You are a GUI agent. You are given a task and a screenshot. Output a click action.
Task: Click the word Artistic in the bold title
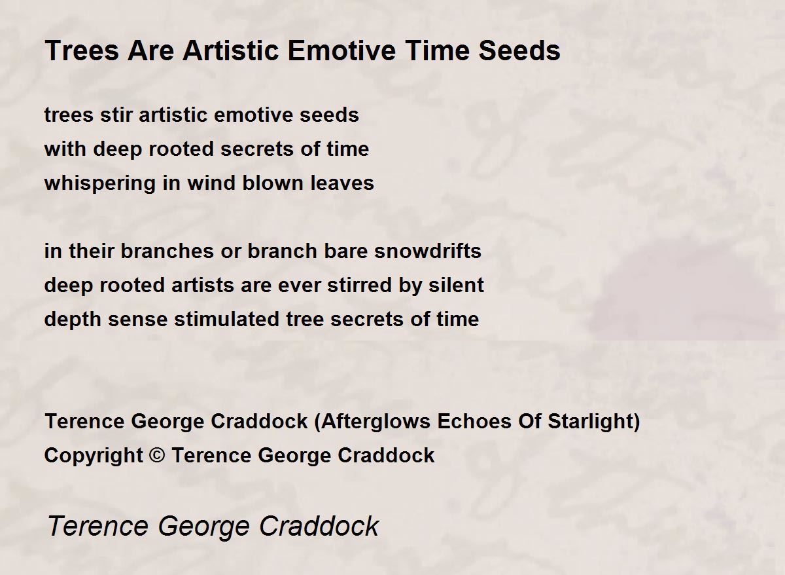(231, 50)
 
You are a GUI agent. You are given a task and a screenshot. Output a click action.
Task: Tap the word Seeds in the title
(519, 50)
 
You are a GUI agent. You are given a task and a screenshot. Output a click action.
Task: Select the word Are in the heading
(150, 50)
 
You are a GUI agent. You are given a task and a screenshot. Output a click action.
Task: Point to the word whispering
(99, 183)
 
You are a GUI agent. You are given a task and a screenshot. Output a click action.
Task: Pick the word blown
(273, 183)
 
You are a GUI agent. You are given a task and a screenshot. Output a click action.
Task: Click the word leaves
(342, 183)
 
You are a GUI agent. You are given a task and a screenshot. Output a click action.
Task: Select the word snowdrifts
(428, 251)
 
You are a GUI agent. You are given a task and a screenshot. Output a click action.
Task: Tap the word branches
(167, 251)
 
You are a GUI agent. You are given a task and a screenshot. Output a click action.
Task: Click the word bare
(345, 251)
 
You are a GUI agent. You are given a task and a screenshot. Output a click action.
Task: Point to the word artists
(202, 285)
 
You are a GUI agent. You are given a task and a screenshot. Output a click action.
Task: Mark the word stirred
(360, 285)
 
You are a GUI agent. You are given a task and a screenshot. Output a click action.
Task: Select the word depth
(73, 320)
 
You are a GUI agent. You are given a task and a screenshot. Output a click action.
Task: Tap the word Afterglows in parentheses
(375, 421)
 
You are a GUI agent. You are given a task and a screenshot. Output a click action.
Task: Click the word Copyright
(94, 456)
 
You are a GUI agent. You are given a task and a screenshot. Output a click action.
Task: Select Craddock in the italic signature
(319, 526)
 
